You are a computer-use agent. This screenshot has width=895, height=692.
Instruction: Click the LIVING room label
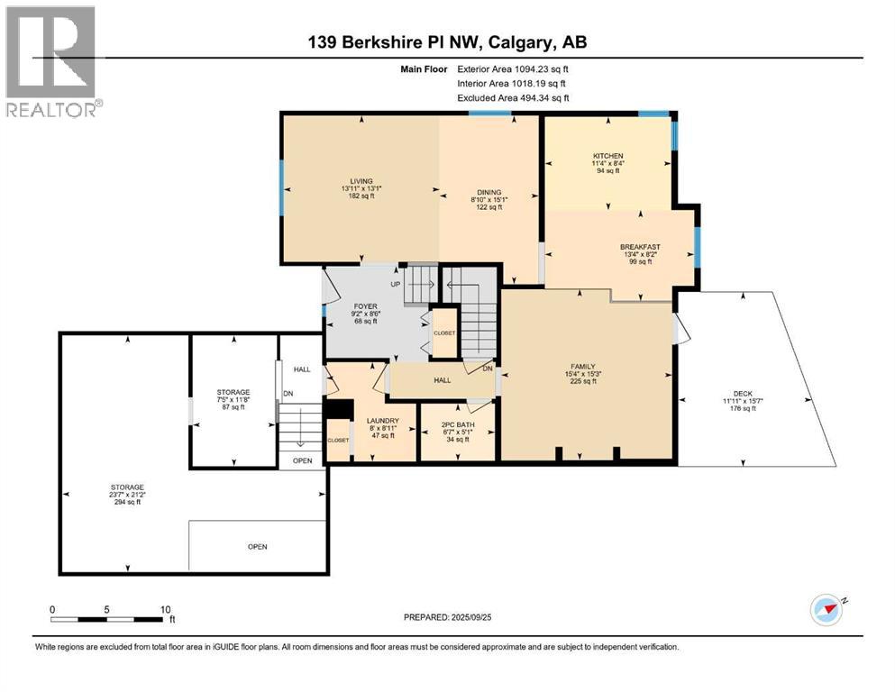(361, 181)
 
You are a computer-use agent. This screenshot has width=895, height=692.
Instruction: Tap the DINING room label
(489, 192)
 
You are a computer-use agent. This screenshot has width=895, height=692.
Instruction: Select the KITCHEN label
(607, 156)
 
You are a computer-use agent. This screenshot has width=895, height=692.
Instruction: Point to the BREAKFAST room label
(641, 247)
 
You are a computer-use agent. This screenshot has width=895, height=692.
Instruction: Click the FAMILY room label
(583, 366)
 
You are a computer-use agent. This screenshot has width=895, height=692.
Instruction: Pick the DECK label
(743, 394)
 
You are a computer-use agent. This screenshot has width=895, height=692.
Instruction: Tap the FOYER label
(365, 306)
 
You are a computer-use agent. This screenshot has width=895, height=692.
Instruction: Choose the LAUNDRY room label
(382, 421)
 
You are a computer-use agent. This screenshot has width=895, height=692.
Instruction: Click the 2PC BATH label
(458, 425)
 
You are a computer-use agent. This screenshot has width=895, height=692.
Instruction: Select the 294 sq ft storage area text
(127, 502)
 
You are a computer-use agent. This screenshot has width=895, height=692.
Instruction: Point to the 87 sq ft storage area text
(233, 406)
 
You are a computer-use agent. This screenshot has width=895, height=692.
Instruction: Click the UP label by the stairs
(395, 284)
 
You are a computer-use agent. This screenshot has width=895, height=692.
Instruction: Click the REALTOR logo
(51, 61)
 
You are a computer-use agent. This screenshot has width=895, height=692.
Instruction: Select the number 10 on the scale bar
(166, 609)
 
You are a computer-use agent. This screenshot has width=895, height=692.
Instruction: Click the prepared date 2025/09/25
(470, 617)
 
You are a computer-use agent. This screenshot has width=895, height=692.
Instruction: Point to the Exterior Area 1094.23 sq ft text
(513, 69)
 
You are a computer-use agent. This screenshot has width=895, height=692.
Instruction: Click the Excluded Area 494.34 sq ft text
(513, 97)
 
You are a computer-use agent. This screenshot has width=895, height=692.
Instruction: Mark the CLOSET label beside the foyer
(444, 333)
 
